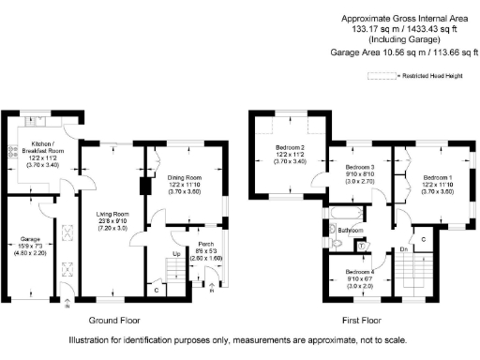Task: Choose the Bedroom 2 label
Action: tap(290, 148)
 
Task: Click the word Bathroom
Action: tap(351, 230)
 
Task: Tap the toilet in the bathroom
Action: tap(337, 245)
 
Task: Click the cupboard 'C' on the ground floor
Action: tap(155, 290)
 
